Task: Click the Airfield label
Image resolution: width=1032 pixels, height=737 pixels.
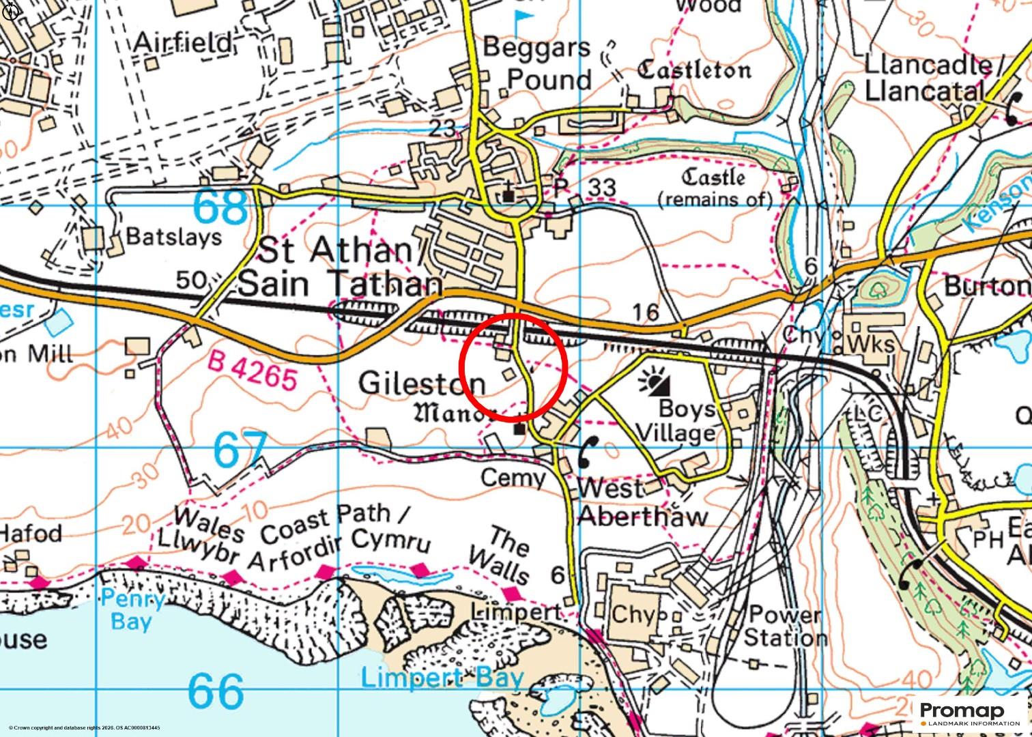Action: pos(183,43)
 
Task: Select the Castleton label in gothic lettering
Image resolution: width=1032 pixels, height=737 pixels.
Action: pos(694,69)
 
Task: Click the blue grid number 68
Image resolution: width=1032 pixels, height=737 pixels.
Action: pos(220,207)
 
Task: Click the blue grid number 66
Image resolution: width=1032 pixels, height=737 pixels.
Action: pos(215,691)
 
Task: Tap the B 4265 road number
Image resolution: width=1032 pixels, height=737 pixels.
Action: pos(253,372)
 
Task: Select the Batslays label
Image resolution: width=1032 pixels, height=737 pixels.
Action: pos(174,237)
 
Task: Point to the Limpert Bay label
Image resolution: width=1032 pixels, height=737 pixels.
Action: pos(442,678)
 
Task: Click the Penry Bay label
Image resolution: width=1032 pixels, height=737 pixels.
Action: pos(133,611)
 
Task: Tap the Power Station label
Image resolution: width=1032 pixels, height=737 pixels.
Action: pos(785,626)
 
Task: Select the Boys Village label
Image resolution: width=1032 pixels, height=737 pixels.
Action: pos(687,421)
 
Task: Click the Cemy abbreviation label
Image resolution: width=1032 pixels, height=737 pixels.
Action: pos(513,478)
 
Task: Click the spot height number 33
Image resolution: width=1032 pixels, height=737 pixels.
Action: pos(601,187)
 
